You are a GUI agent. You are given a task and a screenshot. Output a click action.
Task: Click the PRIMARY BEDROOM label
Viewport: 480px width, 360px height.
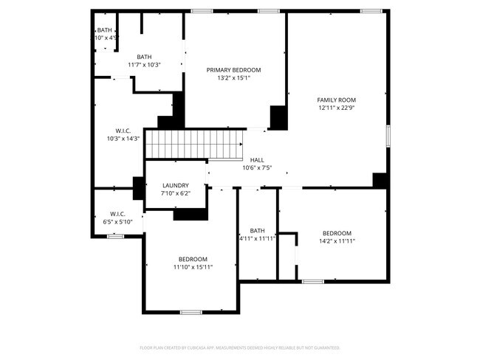pos(233,70)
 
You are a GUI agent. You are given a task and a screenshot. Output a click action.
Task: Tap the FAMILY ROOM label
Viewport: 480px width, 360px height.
pos(337,100)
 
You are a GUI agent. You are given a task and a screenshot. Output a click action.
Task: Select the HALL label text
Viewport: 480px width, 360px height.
pos(257,159)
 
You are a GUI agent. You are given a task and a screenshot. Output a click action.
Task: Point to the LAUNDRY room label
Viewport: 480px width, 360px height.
pos(175,185)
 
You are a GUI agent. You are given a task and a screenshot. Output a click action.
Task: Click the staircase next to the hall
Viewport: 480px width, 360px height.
pos(193,144)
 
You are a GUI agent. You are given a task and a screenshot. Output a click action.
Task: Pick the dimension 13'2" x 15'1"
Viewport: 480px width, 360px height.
pos(233,78)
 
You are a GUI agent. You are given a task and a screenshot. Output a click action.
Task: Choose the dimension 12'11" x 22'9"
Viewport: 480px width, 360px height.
pos(337,108)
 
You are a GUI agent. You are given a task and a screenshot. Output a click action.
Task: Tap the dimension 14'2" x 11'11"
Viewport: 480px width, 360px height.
pos(337,240)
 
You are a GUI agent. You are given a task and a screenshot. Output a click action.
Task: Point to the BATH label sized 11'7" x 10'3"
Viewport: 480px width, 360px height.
pos(144,57)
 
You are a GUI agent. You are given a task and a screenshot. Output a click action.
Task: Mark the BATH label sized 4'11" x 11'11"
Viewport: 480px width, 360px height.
pos(257,230)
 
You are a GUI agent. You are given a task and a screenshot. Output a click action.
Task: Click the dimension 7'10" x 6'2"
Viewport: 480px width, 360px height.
pos(175,193)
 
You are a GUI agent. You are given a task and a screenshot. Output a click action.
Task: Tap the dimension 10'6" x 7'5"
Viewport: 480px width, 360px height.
pos(257,167)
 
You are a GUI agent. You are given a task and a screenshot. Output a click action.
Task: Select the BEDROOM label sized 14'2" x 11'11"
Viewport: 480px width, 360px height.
pos(337,232)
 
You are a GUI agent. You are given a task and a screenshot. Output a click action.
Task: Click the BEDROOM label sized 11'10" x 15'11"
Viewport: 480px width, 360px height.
pos(193,259)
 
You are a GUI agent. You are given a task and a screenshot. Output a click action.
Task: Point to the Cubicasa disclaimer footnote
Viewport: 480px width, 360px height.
pos(240,347)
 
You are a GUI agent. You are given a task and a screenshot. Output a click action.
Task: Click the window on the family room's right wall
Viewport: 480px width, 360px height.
pos(388,136)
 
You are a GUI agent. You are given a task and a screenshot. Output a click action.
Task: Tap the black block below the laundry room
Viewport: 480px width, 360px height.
pos(191,215)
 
